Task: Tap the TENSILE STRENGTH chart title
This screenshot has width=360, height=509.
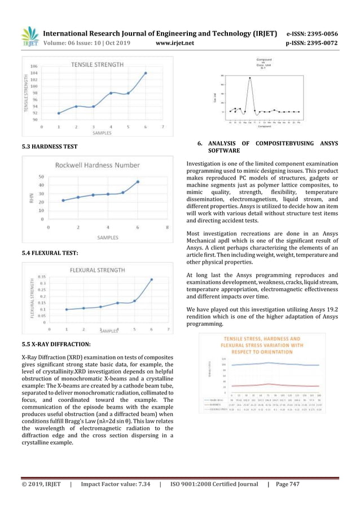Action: point(98,65)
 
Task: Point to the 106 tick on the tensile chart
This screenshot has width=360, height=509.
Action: point(34,67)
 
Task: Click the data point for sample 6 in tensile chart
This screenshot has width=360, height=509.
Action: point(146,73)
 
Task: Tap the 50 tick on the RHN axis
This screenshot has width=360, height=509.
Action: point(42,177)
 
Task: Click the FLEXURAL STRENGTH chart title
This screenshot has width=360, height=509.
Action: point(98,270)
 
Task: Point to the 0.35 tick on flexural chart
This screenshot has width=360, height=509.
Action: point(42,277)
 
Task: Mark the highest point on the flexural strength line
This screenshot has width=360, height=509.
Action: point(151,279)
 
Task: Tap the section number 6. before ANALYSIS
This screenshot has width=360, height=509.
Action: point(200,144)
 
